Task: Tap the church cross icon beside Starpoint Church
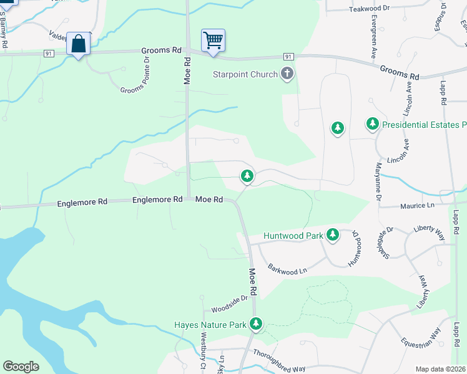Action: [x=287, y=74]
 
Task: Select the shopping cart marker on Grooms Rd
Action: [x=213, y=41]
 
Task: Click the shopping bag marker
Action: [x=78, y=44]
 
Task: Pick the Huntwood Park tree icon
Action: [x=333, y=234]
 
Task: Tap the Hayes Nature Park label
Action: [x=210, y=325]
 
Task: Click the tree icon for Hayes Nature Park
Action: [x=256, y=324]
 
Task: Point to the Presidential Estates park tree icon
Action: [x=373, y=124]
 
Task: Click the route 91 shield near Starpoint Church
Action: [x=288, y=56]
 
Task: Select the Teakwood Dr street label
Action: [x=369, y=9]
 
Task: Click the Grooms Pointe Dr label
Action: [x=135, y=76]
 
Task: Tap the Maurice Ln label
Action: [x=417, y=205]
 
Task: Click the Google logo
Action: [x=21, y=367]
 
